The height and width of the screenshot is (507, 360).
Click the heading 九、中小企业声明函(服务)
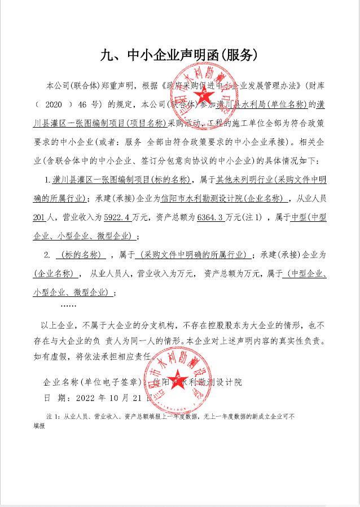(x=179, y=55)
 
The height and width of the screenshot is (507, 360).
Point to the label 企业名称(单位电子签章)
(x=94, y=382)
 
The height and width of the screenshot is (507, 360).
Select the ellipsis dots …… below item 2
(x=68, y=305)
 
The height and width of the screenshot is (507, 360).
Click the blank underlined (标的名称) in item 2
(x=82, y=255)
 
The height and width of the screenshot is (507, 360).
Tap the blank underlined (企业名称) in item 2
(x=55, y=274)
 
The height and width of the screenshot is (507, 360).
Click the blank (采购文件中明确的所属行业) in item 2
(x=195, y=255)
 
